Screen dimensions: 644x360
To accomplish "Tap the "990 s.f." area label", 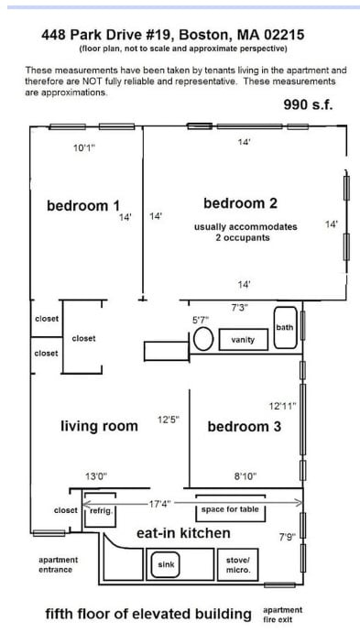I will point(308,105).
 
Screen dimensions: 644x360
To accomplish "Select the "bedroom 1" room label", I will point(83,205).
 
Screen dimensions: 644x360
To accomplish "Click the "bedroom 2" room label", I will point(240,202).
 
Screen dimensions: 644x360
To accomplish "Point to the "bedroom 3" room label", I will point(244,426).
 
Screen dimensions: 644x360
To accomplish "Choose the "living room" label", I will point(99,426).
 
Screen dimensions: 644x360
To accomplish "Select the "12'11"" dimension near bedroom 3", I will point(281,405).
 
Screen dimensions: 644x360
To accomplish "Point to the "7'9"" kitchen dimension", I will point(285,536).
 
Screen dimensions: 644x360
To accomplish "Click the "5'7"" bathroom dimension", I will point(200,320).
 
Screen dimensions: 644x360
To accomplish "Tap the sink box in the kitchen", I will point(165,565).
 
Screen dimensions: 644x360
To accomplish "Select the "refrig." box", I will point(99,511).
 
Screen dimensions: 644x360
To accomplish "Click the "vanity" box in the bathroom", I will point(243,340).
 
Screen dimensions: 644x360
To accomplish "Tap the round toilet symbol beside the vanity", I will point(203,340).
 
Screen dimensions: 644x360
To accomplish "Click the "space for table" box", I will point(231,509).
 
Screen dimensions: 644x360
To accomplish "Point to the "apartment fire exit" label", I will point(282,614).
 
